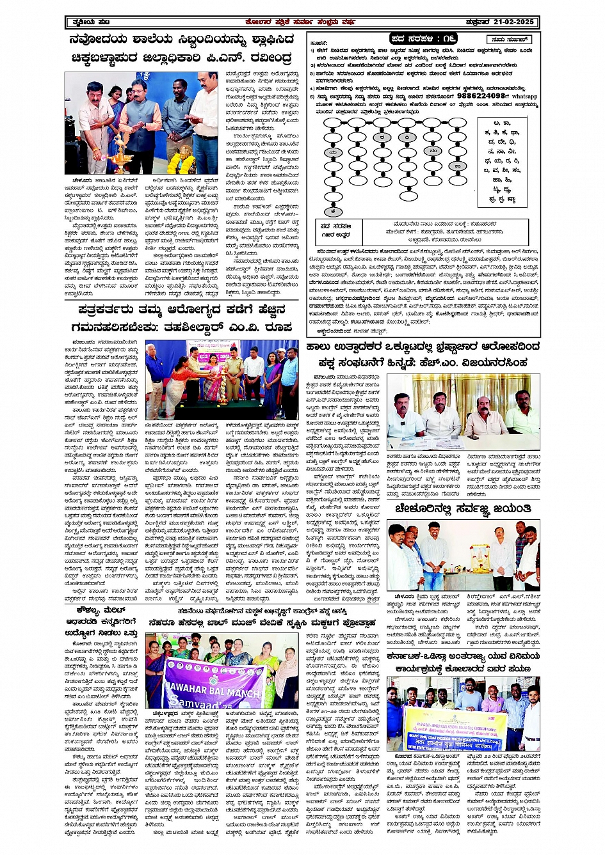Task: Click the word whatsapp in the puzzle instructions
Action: point(524,96)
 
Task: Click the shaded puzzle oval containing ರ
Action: point(382,137)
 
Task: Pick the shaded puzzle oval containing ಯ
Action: point(332,153)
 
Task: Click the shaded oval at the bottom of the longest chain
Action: point(332,212)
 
